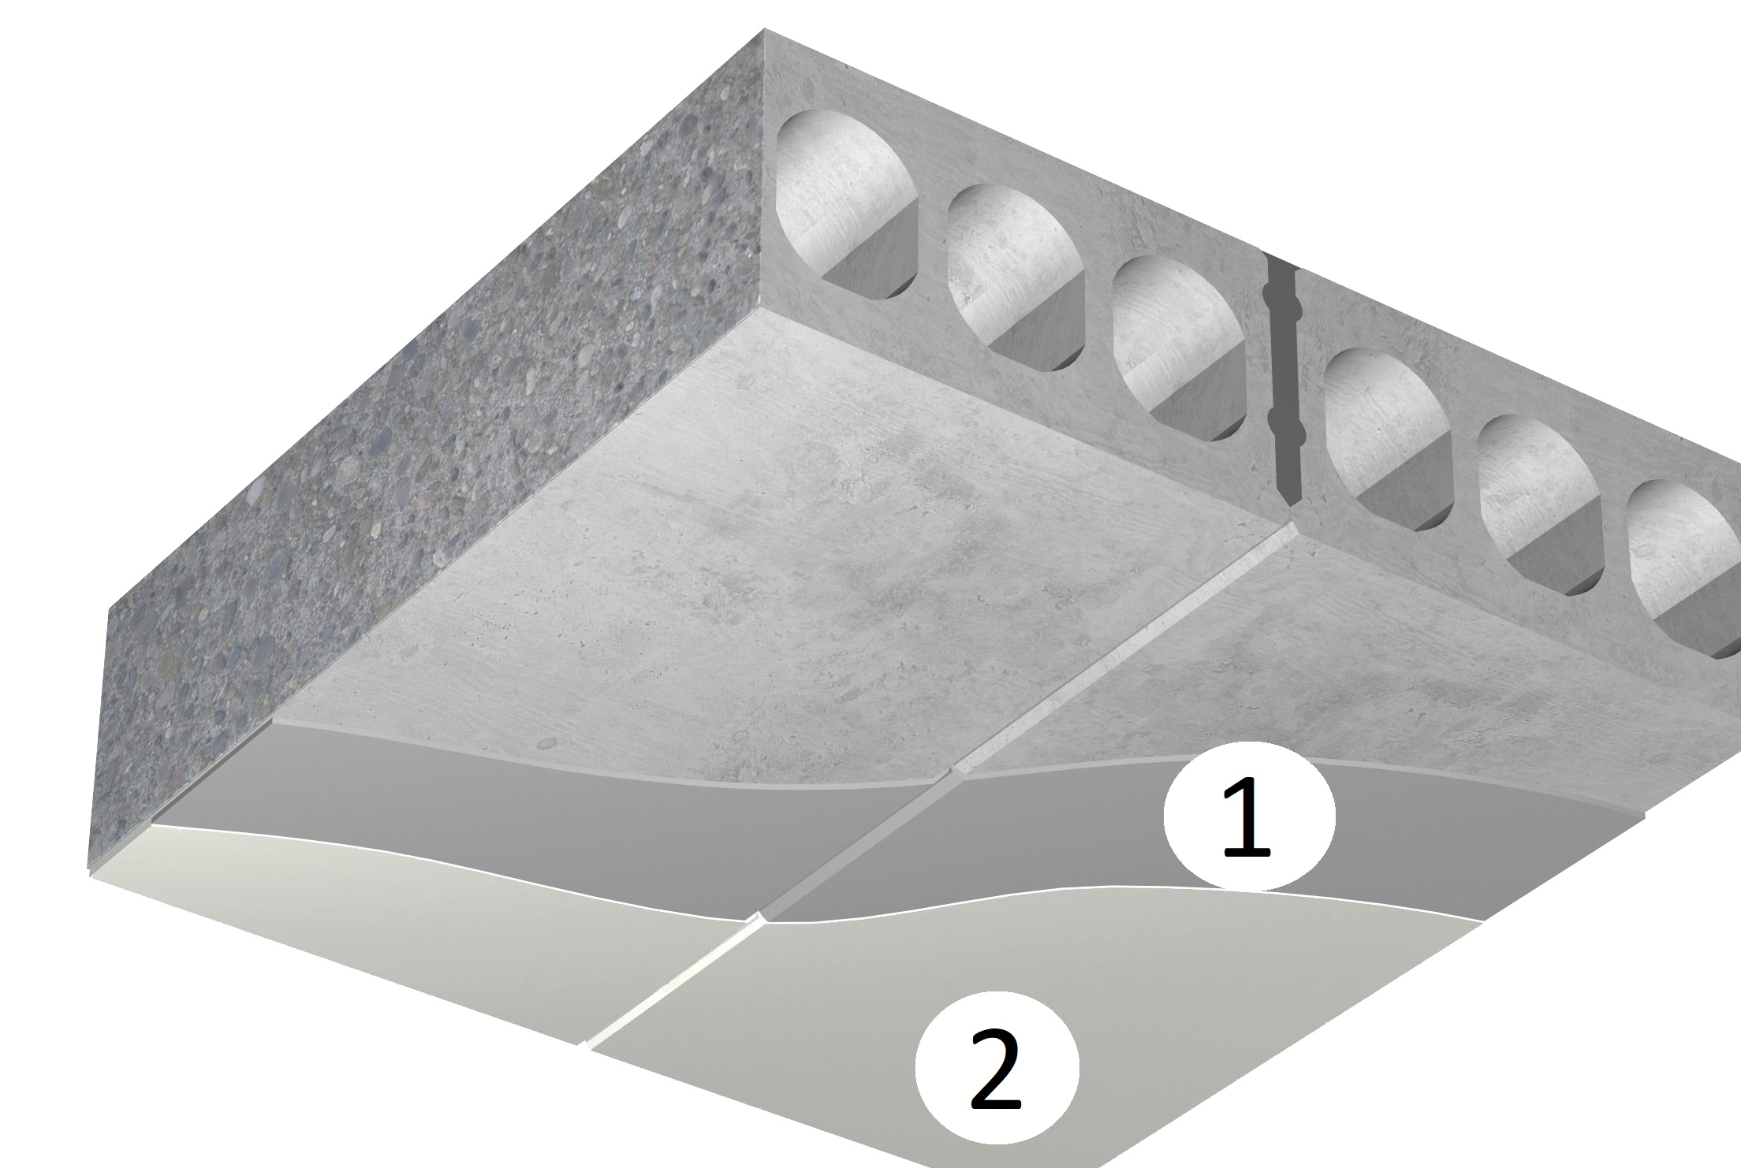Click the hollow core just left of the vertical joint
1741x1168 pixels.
coord(1177,348)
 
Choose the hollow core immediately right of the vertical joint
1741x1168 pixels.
coord(1388,441)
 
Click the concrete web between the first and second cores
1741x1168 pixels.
coord(933,236)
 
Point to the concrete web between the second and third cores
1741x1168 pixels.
coord(1098,311)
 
